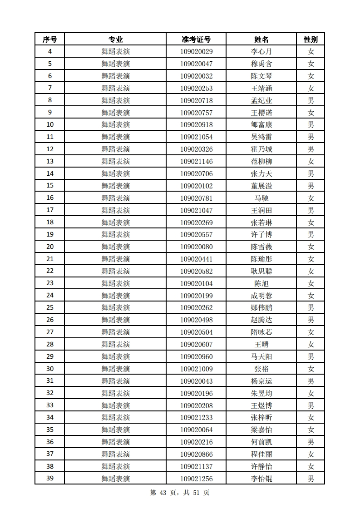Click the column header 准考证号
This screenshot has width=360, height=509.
point(196,40)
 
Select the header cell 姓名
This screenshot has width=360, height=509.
point(261,40)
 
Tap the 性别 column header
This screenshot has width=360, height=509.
point(311,40)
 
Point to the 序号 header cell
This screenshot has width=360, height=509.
point(49,40)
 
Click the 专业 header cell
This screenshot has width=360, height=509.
point(116,40)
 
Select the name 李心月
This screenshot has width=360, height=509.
point(261,52)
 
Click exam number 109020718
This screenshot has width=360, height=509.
point(196,100)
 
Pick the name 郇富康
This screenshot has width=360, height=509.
point(261,125)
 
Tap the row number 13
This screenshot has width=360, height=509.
point(49,161)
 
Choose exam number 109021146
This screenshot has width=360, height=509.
point(196,161)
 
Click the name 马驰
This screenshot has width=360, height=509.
point(261,198)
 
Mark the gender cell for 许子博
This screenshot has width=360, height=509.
point(311,234)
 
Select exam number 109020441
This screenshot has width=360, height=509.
point(196,259)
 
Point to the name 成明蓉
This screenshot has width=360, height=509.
point(261,296)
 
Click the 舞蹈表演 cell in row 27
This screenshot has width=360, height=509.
point(116,332)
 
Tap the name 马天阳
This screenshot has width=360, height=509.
point(261,356)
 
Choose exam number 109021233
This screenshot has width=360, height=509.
point(196,417)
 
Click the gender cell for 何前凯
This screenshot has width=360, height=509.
point(311,442)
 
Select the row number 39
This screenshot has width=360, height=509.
point(49,479)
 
